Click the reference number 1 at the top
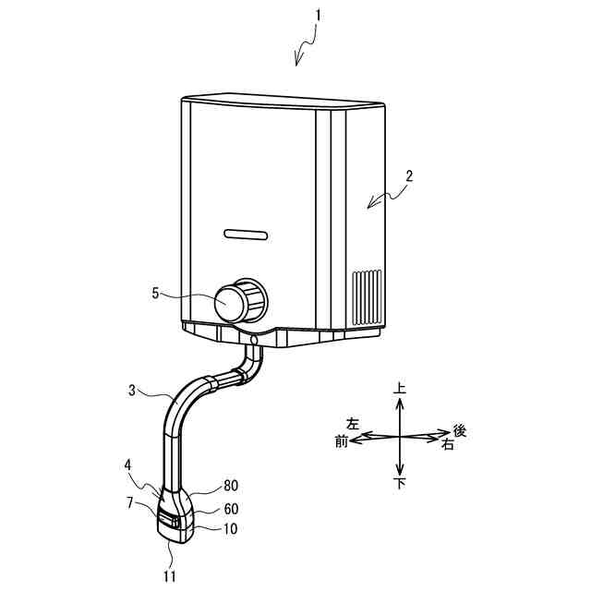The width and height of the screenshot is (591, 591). click(316, 16)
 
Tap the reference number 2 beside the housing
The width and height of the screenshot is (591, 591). click(409, 175)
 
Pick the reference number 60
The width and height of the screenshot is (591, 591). click(232, 508)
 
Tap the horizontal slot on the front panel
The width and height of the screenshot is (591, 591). click(245, 233)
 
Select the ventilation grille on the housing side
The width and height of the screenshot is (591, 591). click(367, 295)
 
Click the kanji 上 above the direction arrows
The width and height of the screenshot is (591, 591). click(400, 392)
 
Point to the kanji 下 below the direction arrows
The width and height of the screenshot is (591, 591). click(400, 484)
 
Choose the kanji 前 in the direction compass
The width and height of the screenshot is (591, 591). click(341, 442)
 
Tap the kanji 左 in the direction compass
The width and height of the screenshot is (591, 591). click(352, 424)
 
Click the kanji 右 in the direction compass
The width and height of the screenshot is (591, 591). click(448, 444)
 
